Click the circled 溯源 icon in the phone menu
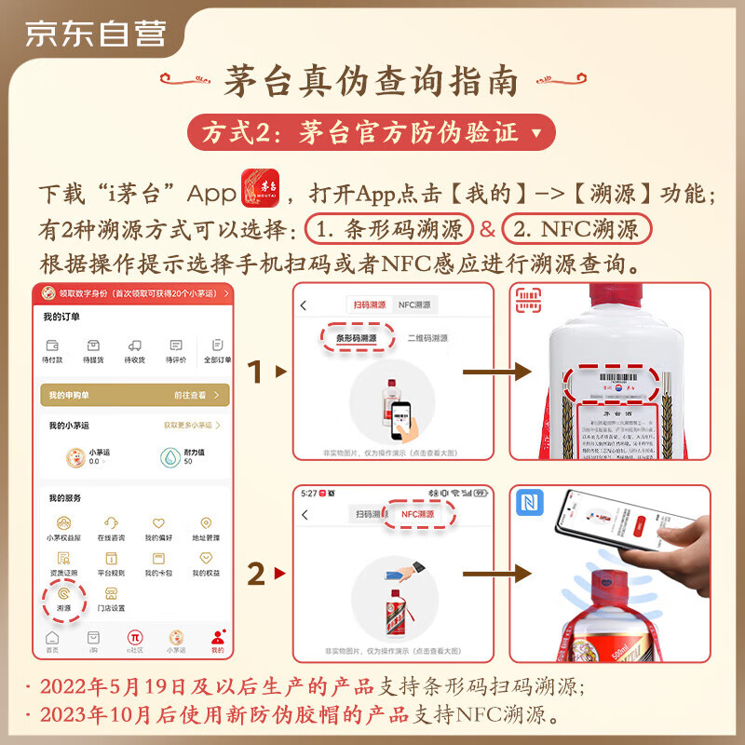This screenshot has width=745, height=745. [63, 589]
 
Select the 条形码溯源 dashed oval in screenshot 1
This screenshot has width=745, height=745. [356, 338]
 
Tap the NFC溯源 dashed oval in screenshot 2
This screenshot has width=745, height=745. [417, 514]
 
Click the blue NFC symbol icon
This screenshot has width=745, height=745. [534, 505]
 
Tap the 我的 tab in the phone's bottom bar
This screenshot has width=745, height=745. [217, 641]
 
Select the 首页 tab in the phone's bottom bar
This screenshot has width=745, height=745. [52, 641]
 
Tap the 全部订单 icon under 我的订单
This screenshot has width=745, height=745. [216, 350]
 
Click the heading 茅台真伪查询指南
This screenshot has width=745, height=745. [372, 81]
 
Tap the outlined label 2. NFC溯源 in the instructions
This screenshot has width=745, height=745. [577, 228]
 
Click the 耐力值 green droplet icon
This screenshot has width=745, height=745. [169, 456]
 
